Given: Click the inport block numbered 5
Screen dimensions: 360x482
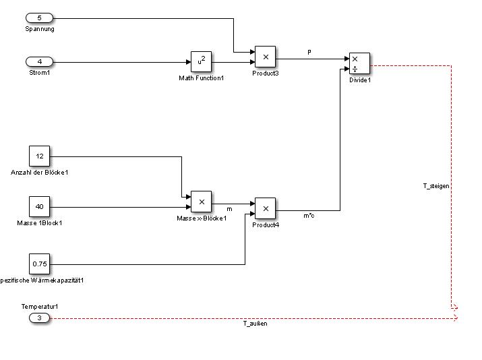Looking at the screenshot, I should (x=39, y=18).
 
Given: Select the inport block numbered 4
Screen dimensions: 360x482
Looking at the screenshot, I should (x=39, y=62).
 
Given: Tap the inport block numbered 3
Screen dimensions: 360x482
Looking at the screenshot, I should (x=39, y=318).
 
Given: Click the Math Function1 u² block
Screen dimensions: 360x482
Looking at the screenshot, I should (x=201, y=62).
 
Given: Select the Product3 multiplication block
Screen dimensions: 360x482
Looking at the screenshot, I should (x=265, y=57).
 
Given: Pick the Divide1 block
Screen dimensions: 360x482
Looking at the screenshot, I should (x=359, y=63).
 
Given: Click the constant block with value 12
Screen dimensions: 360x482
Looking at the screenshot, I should (x=39, y=156).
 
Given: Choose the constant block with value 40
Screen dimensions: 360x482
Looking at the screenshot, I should (x=39, y=207).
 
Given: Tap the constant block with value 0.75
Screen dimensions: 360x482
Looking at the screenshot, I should (x=39, y=264).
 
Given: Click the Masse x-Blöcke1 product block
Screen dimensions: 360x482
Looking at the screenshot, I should (x=201, y=202).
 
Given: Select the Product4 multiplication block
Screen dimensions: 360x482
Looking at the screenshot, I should (x=265, y=208).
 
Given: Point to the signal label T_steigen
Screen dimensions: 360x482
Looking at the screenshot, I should (x=436, y=185).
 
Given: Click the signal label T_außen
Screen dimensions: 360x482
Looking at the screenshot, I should (x=255, y=324).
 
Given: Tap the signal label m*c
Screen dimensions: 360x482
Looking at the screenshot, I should (x=309, y=216).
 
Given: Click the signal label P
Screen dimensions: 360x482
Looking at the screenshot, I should (x=309, y=52).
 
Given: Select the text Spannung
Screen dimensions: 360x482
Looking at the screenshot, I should (x=39, y=29).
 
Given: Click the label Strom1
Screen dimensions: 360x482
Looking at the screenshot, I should (x=39, y=73).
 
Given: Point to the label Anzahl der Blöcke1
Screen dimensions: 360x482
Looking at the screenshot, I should (x=39, y=172).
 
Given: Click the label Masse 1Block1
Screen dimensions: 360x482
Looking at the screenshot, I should (x=39, y=222).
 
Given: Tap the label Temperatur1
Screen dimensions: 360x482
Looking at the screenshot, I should (x=39, y=307).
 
